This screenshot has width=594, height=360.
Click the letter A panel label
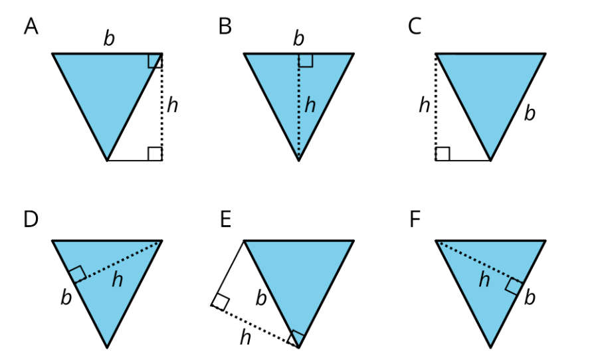click(x=31, y=27)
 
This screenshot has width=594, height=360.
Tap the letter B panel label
click(x=225, y=27)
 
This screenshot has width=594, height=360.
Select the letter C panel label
click(x=415, y=27)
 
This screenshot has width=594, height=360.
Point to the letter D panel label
click(x=31, y=219)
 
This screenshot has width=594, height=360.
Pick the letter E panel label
click(x=225, y=219)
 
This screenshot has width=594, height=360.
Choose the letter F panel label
click(x=415, y=219)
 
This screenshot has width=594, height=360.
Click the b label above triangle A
click(x=109, y=39)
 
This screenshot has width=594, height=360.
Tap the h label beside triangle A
click(x=172, y=105)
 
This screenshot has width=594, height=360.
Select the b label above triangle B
click(x=298, y=39)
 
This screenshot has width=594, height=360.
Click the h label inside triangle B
click(x=310, y=105)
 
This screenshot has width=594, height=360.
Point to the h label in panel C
click(x=425, y=105)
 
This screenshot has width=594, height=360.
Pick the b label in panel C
click(x=530, y=113)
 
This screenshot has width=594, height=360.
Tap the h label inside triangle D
click(x=118, y=280)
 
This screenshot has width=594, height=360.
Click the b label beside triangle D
click(x=66, y=298)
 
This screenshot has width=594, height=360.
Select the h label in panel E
click(x=245, y=337)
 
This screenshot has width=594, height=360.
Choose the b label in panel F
click(x=530, y=298)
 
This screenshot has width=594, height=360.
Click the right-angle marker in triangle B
click(x=306, y=60)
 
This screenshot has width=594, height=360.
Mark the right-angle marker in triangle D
click(x=78, y=274)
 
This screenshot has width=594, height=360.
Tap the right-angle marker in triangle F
click(x=514, y=286)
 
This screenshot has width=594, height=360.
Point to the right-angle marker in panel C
click(x=443, y=153)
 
